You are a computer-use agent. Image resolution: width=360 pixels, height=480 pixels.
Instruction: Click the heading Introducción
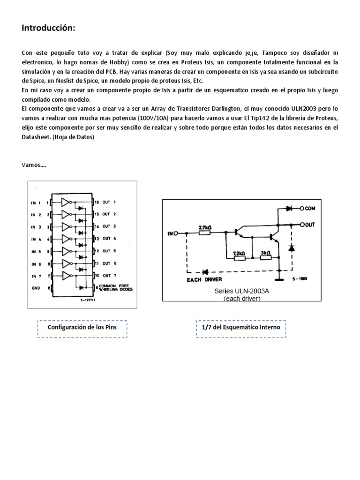[x=48, y=29]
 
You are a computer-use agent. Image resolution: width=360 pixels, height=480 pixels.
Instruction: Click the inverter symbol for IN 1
[x=66, y=202]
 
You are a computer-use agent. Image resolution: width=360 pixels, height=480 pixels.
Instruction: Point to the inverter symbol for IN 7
[x=66, y=275]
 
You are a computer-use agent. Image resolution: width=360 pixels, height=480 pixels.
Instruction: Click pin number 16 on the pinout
[x=96, y=202]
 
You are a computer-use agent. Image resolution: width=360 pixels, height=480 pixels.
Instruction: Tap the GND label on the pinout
[x=36, y=287]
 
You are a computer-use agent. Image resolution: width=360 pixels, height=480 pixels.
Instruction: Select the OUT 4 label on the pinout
[x=109, y=239]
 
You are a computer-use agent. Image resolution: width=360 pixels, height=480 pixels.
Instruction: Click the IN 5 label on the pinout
[x=37, y=251]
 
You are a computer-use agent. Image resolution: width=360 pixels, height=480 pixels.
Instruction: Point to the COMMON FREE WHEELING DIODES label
[x=116, y=288]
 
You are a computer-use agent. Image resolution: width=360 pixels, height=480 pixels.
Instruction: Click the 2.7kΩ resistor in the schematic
[x=205, y=232]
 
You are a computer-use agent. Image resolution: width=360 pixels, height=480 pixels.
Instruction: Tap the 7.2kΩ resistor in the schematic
[x=239, y=257]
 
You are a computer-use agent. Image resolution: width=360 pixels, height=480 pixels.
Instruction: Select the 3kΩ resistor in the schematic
[x=265, y=257]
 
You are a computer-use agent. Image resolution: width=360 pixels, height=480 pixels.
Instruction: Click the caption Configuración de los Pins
[x=82, y=327]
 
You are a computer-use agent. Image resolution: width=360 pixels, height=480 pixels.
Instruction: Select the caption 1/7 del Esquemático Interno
[x=240, y=327]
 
